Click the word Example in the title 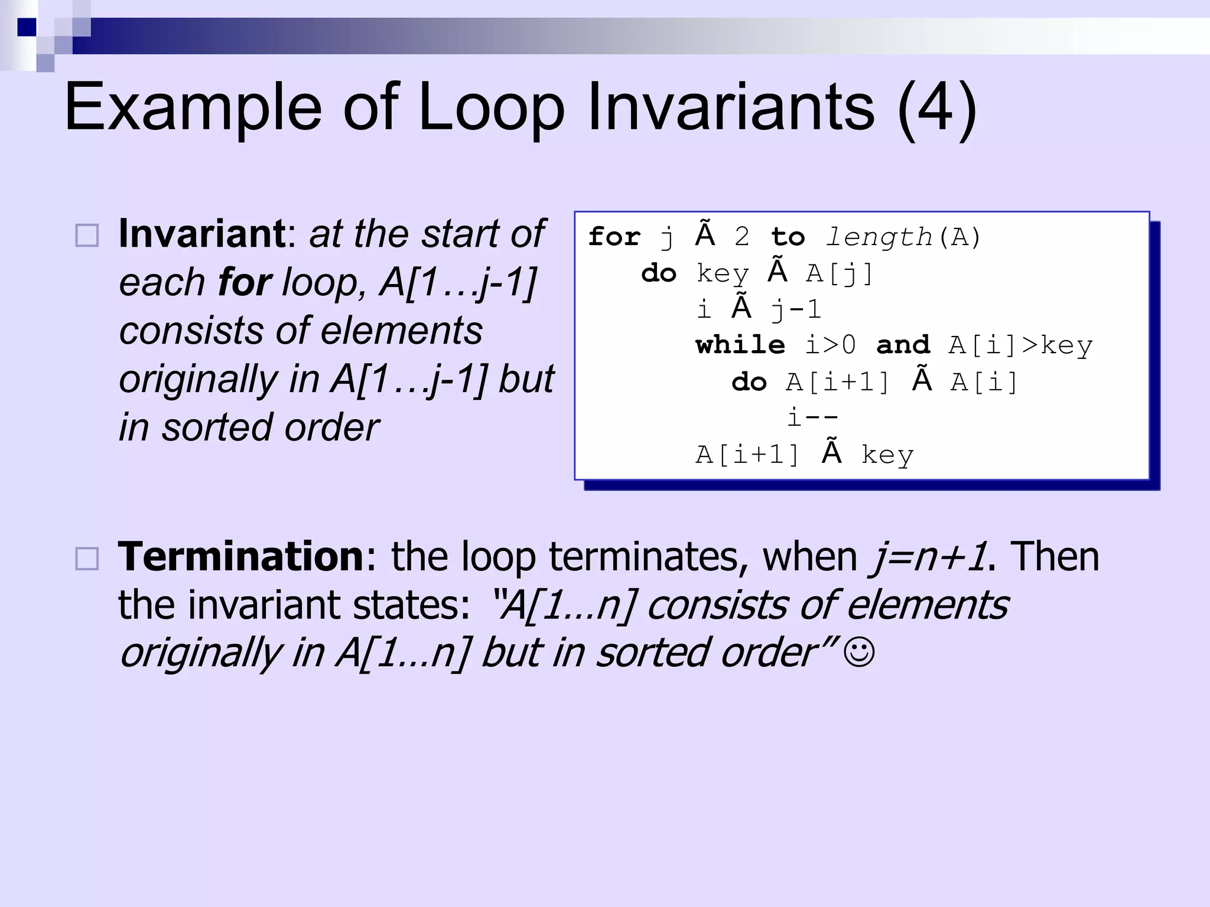click(x=193, y=107)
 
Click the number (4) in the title click(x=936, y=107)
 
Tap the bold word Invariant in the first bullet click(x=202, y=234)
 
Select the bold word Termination click(x=241, y=556)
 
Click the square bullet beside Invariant click(x=87, y=236)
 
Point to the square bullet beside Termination click(x=87, y=559)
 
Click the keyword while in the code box click(x=740, y=345)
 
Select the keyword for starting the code click(x=614, y=236)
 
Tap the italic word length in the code click(x=879, y=237)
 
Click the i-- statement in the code click(x=812, y=418)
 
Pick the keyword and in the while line click(x=903, y=345)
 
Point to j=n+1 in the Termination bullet click(x=928, y=557)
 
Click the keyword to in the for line click(x=788, y=237)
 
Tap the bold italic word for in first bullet click(x=245, y=282)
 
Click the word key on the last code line click(x=887, y=455)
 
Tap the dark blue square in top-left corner click(x=27, y=27)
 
